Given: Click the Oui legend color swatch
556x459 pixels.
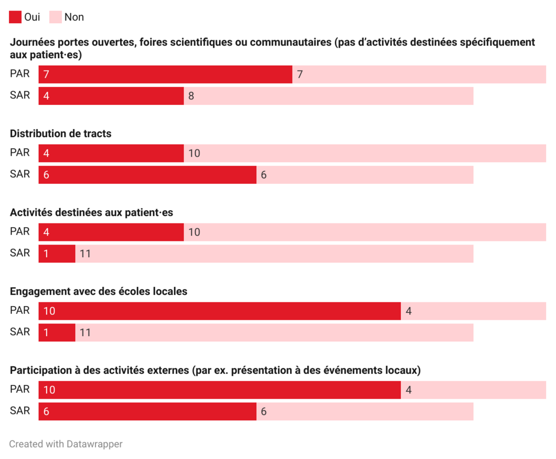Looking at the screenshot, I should [15, 17].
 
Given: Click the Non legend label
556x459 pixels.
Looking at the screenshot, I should [74, 17].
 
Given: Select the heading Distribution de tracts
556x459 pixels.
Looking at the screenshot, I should [61, 133].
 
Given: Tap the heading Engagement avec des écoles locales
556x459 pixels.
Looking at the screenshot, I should [98, 291].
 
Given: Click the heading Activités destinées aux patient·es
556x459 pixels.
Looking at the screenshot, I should [92, 212].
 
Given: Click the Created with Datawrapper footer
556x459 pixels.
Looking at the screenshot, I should [66, 444].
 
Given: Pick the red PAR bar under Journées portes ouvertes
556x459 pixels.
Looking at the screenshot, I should [165, 74].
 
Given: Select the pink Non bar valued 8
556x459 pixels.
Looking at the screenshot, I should [328, 96].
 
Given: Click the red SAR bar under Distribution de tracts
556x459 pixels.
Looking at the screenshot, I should [147, 175].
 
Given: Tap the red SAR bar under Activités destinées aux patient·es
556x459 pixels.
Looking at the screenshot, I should [57, 254].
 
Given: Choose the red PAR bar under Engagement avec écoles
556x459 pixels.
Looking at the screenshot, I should [219, 311].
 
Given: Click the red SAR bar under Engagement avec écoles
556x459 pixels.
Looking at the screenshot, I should [57, 332].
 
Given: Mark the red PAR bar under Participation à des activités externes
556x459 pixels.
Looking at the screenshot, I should [219, 390].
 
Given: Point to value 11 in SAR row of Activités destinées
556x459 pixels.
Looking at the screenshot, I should [85, 254].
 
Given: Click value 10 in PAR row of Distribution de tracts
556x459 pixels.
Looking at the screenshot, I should [194, 154].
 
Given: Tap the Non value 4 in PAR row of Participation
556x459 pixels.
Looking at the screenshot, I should [408, 390].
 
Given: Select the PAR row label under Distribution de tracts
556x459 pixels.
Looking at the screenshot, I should [20, 152].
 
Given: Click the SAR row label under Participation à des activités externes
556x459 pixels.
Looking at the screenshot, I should [20, 410].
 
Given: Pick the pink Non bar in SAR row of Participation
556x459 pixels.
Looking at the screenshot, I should [365, 411].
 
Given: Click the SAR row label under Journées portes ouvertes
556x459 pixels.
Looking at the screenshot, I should [20, 95].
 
